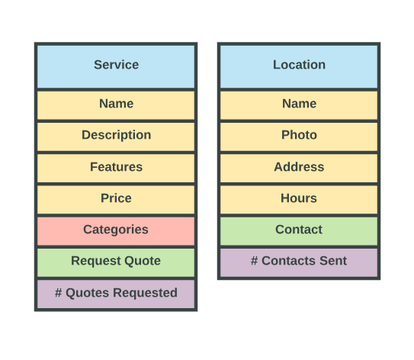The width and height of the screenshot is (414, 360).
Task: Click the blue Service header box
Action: (x=116, y=66)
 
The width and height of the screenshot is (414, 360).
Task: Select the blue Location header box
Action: (x=299, y=66)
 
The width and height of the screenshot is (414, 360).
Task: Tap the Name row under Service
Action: (x=116, y=105)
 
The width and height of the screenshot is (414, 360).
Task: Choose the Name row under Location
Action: (x=299, y=105)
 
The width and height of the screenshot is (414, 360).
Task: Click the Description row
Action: (x=116, y=137)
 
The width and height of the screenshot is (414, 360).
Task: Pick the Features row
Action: (x=116, y=169)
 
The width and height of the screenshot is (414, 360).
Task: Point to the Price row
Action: (x=116, y=200)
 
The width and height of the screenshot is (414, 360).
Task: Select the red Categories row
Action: (x=116, y=231)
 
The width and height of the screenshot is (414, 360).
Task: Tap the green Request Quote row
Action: (x=116, y=262)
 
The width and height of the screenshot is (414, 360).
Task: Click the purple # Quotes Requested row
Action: (x=116, y=294)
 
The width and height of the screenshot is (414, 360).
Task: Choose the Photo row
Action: (x=299, y=137)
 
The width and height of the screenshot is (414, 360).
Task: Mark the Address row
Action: (x=299, y=169)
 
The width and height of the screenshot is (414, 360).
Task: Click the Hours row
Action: (x=299, y=200)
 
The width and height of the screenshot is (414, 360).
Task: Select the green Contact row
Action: (x=299, y=231)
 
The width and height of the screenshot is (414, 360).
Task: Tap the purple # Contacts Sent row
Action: (x=299, y=262)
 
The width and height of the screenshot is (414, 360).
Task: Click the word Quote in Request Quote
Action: (x=143, y=261)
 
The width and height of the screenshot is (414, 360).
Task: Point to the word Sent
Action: (x=333, y=261)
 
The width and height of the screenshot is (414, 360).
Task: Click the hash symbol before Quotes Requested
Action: (x=59, y=293)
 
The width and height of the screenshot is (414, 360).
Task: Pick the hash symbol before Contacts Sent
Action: (x=254, y=261)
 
